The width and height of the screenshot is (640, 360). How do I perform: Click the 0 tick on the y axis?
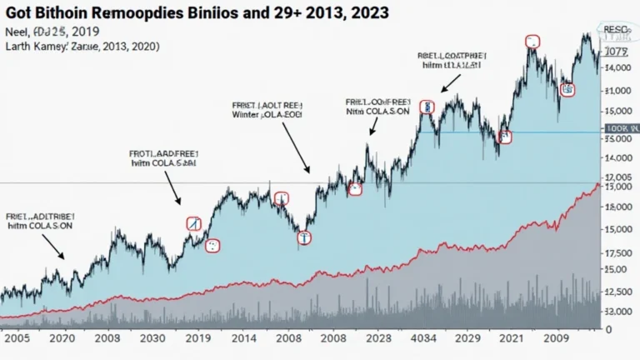(609, 330)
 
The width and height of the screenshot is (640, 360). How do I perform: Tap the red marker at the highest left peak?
(532, 41)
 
